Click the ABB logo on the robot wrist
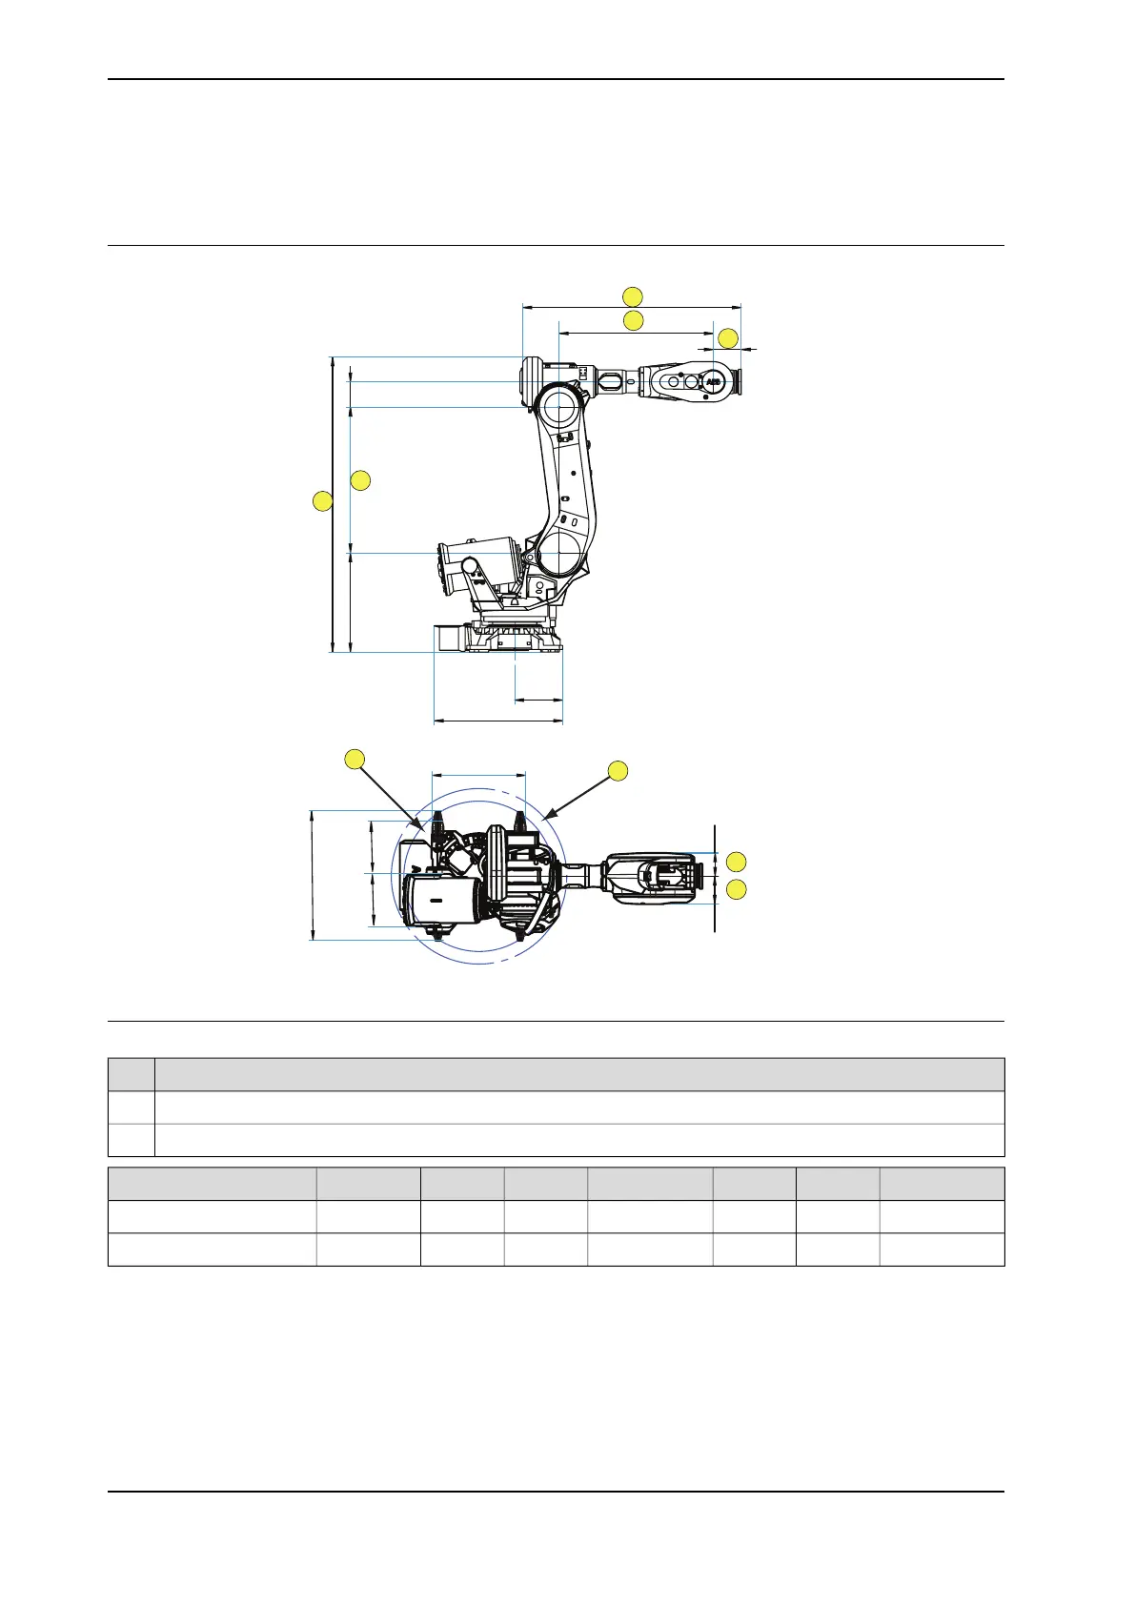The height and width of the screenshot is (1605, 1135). pos(714,381)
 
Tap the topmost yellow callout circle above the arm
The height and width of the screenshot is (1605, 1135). pos(633,295)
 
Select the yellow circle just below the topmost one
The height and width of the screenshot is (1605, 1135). pos(633,320)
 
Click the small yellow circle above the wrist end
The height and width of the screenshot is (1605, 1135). pos(728,338)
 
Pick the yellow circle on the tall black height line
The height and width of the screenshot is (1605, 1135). pos(324,500)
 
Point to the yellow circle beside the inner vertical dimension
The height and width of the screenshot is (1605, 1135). pos(360,480)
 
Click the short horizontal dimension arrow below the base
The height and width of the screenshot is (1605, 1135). pos(538,701)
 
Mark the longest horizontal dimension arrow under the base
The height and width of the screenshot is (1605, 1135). pos(498,721)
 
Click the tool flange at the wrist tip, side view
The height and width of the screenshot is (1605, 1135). pos(737,381)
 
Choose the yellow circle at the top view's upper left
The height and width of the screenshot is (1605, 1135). pos(355,760)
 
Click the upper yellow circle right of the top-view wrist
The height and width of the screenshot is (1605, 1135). pos(736,863)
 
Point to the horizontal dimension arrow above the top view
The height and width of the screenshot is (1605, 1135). pos(478,775)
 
